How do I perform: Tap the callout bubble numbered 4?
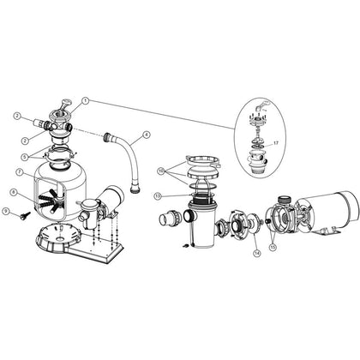pos(147,135)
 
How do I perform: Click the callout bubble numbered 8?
pos(15,192)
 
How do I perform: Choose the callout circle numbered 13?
pos(158,195)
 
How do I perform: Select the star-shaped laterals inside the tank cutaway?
pos(56,204)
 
